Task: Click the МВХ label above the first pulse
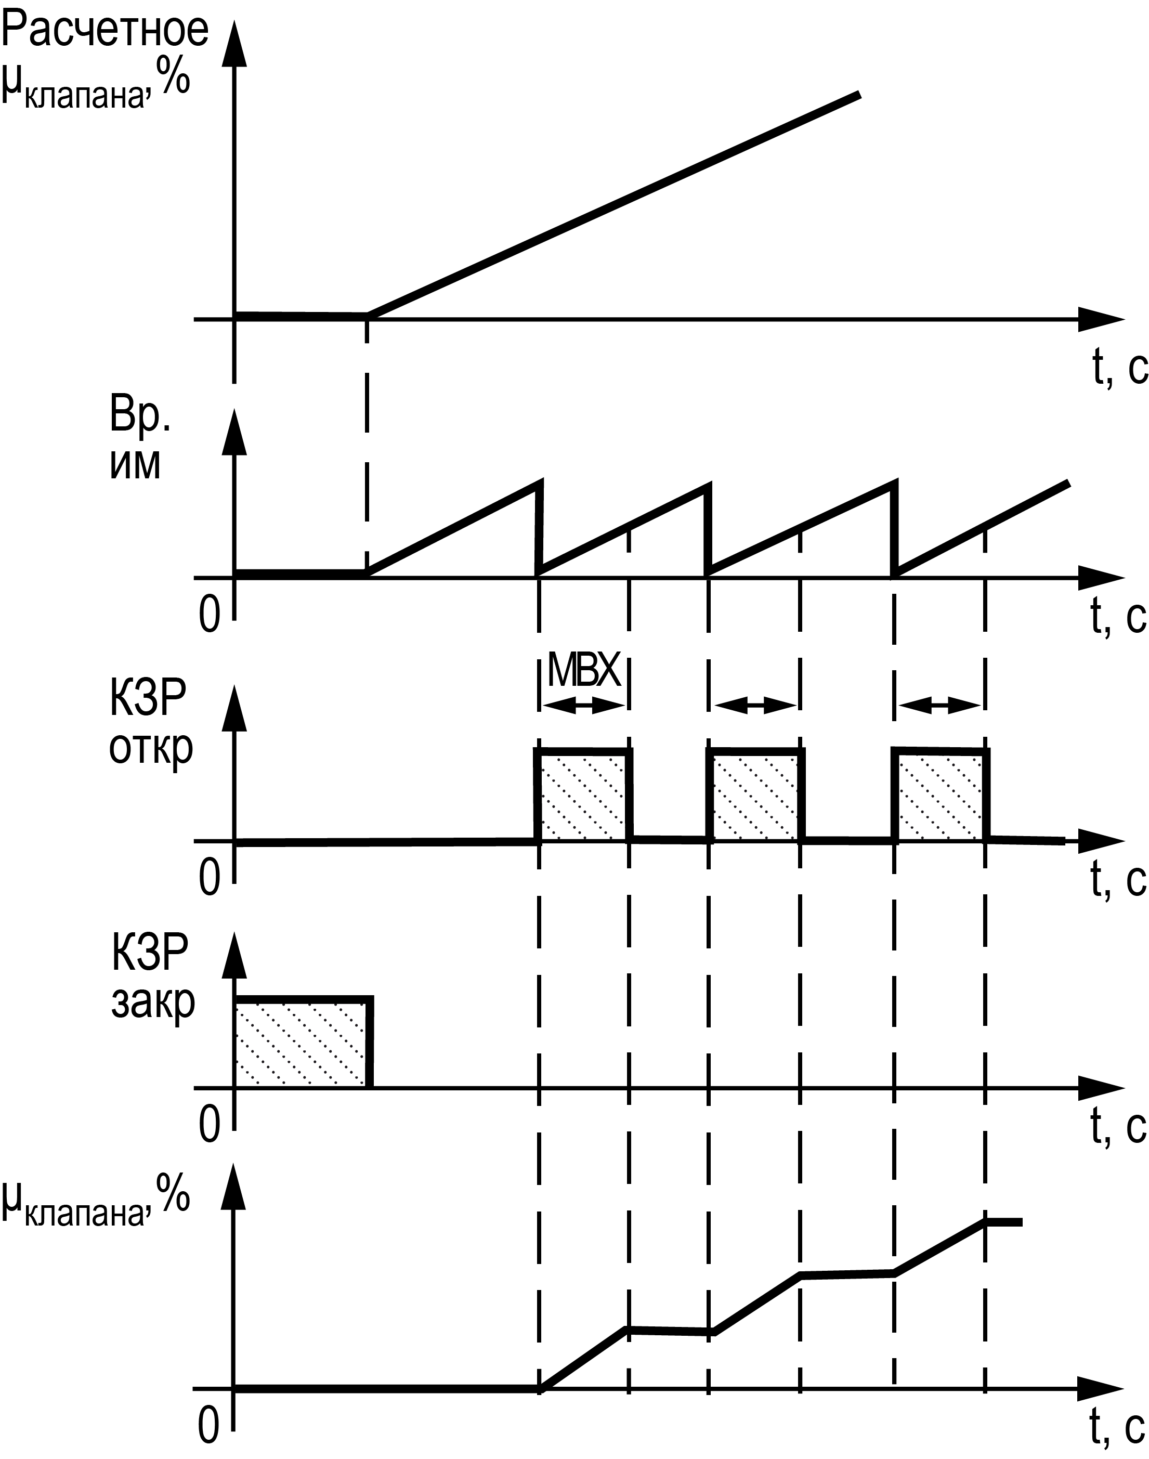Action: click(583, 669)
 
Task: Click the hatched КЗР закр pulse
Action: click(302, 1043)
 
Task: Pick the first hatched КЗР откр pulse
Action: click(583, 796)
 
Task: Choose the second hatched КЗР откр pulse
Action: click(755, 796)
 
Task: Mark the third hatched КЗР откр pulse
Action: click(941, 796)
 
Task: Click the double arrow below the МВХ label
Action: click(583, 706)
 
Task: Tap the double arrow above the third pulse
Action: click(940, 706)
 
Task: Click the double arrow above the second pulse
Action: click(755, 706)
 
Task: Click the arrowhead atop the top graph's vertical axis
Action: click(234, 44)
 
